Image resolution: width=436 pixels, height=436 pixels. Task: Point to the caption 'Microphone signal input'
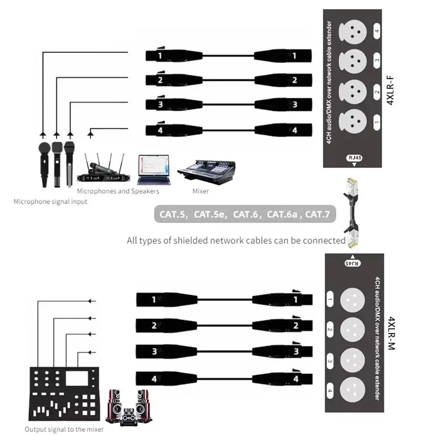[50, 201]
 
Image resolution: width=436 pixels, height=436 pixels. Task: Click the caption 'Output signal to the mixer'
[64, 429]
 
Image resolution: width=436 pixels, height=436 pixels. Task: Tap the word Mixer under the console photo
[201, 191]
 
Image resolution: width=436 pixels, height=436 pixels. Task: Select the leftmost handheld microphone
[44, 164]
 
